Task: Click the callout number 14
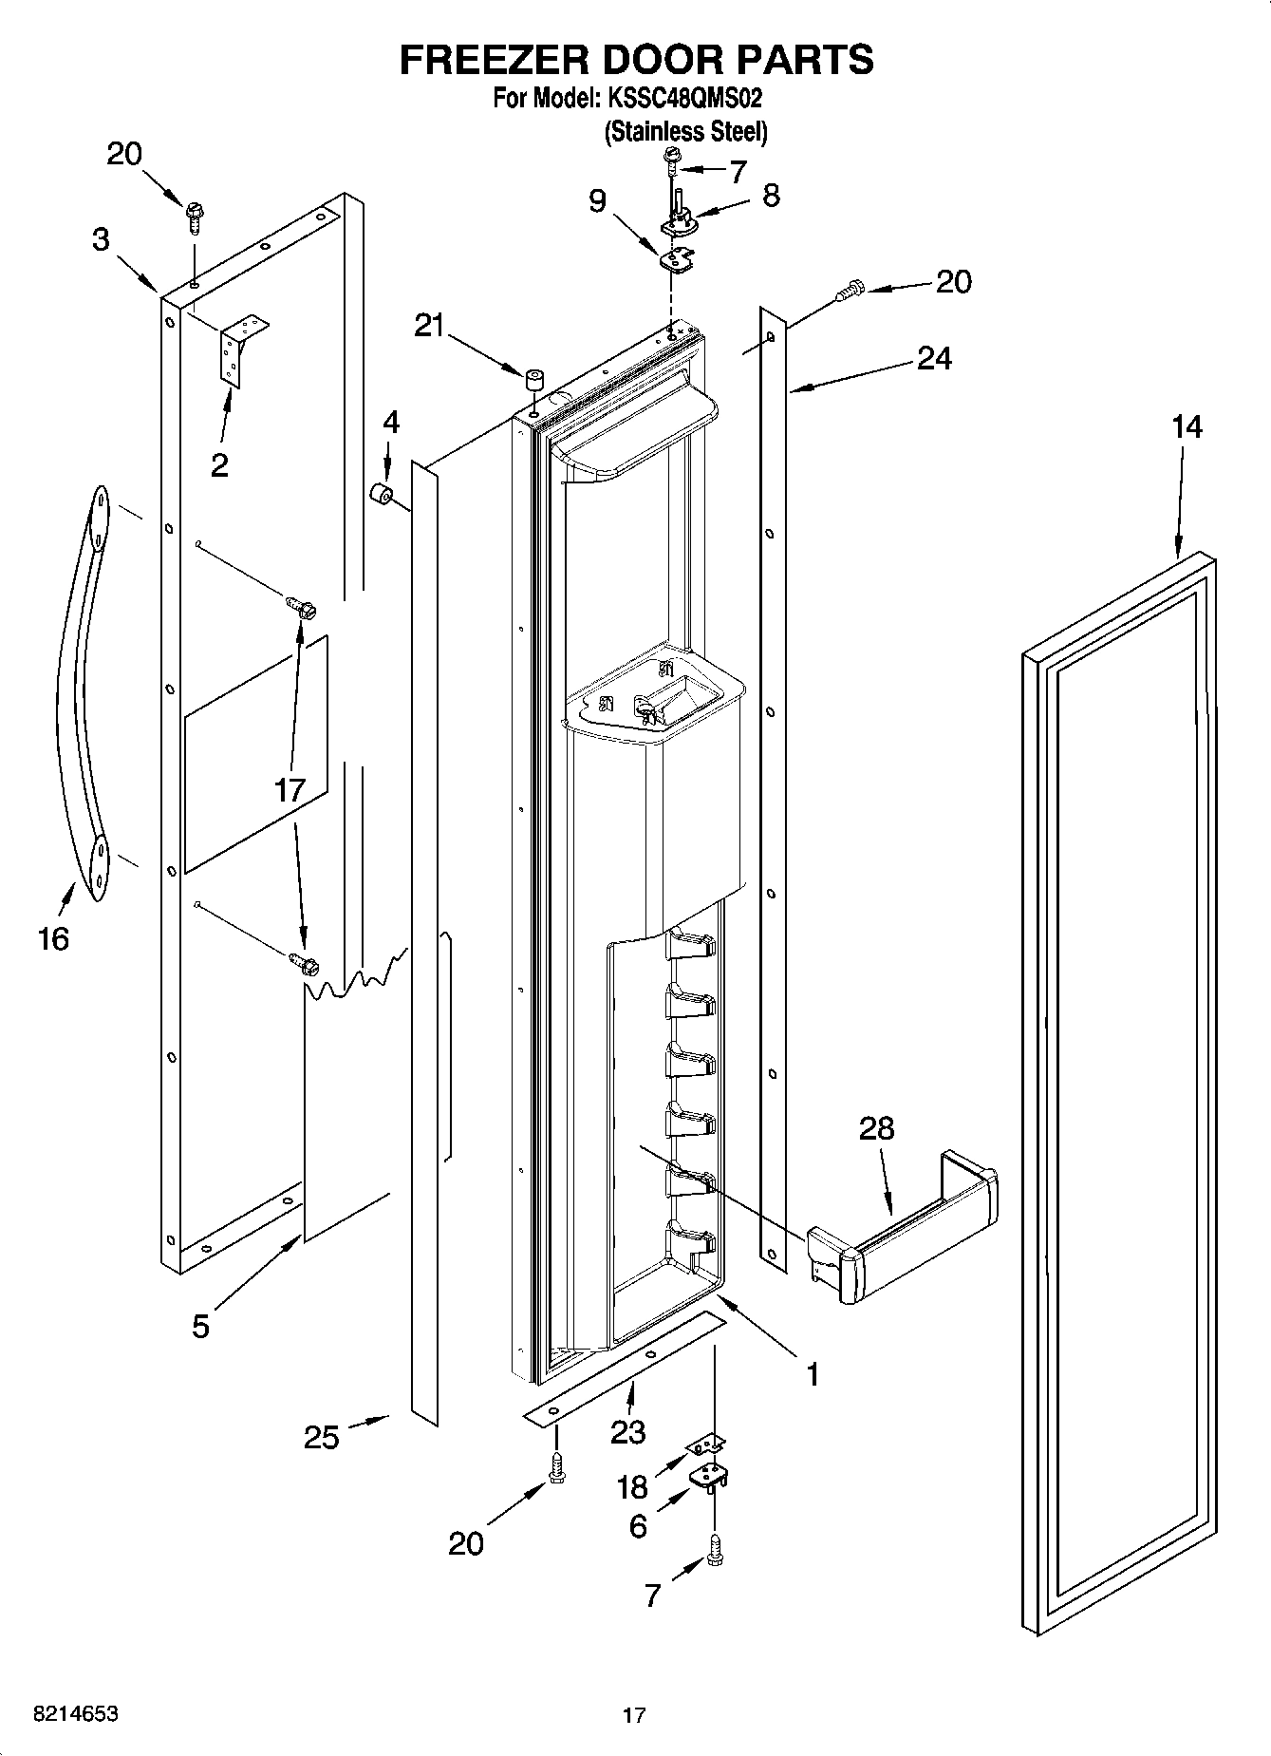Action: (x=1187, y=427)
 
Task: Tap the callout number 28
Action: (x=876, y=1128)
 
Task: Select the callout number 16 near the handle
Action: (x=53, y=938)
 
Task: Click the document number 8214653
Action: (x=63, y=1714)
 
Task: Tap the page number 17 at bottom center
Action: (x=634, y=1715)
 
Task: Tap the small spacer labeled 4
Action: (x=382, y=497)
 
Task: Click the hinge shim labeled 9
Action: (x=677, y=257)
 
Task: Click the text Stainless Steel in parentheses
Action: (x=685, y=131)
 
